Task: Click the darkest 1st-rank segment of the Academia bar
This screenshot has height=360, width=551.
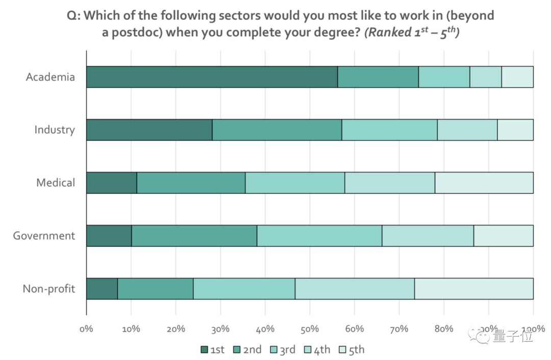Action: pos(212,77)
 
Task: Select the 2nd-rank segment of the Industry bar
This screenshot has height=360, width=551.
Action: pos(277,130)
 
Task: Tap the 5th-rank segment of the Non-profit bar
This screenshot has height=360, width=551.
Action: pos(473,289)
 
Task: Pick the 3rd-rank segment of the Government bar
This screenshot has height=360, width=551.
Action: pos(319,236)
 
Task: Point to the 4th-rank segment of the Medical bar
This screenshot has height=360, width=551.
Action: pos(390,183)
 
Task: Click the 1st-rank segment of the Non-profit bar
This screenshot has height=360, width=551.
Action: pos(102,289)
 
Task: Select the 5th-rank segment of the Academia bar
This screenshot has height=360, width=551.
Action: pos(517,77)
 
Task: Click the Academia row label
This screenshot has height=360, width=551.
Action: pos(51,77)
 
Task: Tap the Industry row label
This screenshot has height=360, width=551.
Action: pos(55,130)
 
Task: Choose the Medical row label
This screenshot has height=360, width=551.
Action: pos(56,183)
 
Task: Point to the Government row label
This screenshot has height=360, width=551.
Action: pos(44,236)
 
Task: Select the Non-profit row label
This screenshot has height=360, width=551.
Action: pos(49,289)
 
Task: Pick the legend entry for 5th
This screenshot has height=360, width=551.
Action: pos(352,349)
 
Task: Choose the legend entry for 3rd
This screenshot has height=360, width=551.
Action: pos(282,349)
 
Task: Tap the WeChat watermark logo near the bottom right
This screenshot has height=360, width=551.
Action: pos(481,336)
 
